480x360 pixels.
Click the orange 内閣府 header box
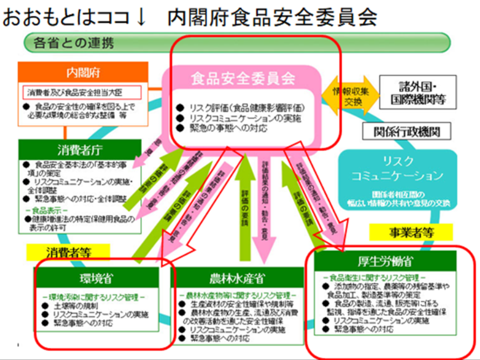coord(83,72)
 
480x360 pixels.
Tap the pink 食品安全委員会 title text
coord(243,78)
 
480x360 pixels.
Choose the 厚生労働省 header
coord(385,262)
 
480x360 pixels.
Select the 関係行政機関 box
coord(405,132)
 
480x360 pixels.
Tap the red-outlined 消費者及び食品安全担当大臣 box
coord(81,92)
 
